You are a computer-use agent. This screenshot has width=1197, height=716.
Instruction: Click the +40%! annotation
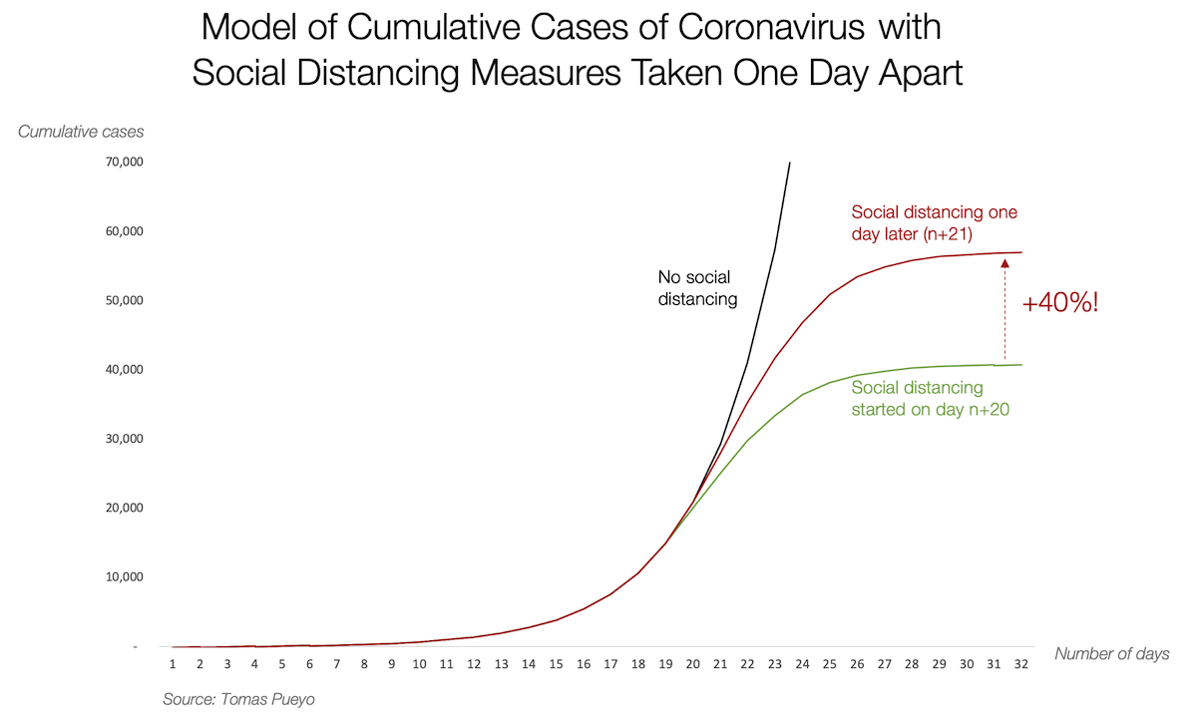coord(1060,303)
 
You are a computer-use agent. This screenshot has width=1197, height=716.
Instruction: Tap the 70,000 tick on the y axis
coord(125,163)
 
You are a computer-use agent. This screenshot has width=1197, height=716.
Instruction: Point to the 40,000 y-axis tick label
coord(125,370)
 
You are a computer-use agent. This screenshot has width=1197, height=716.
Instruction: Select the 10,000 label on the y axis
coord(125,577)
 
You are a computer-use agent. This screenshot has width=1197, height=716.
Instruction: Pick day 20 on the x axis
coord(691,664)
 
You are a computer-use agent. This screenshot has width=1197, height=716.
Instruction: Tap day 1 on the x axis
coord(173,664)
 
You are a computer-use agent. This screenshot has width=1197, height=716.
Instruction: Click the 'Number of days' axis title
coord(1112,653)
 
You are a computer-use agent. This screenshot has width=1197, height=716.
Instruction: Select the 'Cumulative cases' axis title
coord(81,132)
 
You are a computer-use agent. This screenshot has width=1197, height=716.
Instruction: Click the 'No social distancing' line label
coord(697,288)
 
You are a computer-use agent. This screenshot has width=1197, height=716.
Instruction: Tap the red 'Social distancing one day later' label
coord(934,222)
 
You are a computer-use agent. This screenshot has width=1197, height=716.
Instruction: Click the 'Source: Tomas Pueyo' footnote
coord(238,700)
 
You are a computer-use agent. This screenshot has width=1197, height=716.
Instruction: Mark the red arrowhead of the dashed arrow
coord(1004,263)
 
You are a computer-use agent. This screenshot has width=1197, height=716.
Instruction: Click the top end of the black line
coord(790,163)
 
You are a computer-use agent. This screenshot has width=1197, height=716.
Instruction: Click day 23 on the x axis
coord(774,664)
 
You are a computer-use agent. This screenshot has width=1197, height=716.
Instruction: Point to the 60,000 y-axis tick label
coord(125,231)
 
